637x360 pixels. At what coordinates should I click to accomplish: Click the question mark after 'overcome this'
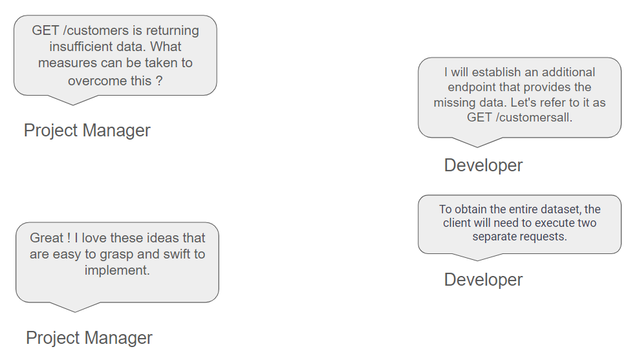click(159, 80)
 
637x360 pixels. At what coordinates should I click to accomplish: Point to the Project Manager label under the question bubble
click(87, 131)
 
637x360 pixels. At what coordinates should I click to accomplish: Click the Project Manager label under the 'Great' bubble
click(89, 337)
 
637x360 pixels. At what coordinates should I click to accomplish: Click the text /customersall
click(534, 117)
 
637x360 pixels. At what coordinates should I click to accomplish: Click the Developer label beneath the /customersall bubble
click(483, 165)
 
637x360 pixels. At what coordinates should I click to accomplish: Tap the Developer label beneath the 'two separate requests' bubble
click(483, 280)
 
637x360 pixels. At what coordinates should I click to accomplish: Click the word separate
click(490, 237)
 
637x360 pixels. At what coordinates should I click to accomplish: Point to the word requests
click(539, 237)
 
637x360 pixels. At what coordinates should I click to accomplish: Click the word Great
click(47, 238)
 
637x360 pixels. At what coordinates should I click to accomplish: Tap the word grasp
click(117, 255)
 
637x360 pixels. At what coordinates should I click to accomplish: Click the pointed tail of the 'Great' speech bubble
click(75, 312)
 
